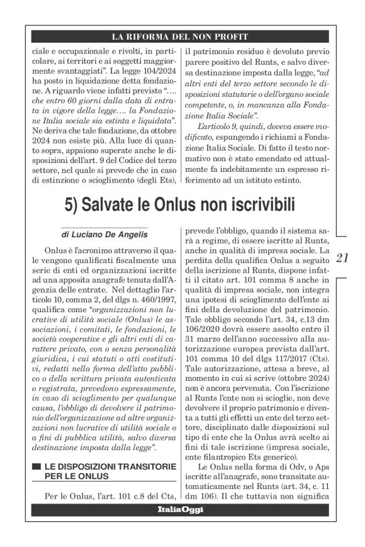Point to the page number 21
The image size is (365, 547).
(342, 257)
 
